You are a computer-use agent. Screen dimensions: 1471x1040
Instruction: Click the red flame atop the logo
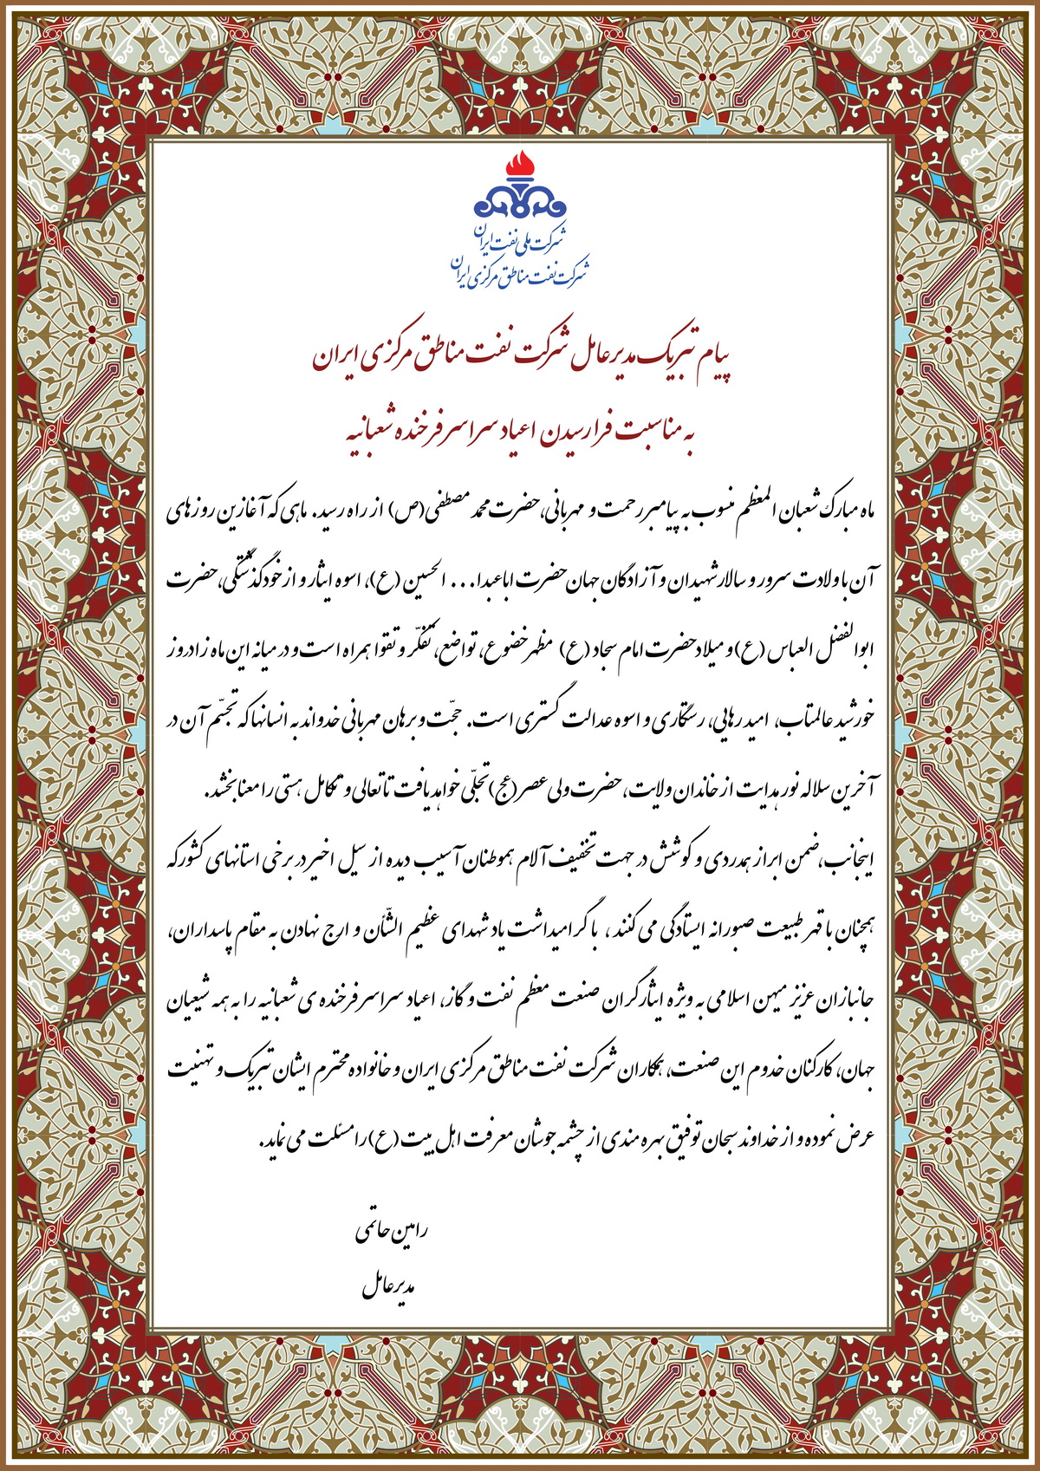(x=520, y=163)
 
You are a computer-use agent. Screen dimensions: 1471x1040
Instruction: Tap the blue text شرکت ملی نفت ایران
(x=520, y=240)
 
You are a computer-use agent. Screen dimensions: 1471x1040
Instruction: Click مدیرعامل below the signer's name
(x=390, y=1286)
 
